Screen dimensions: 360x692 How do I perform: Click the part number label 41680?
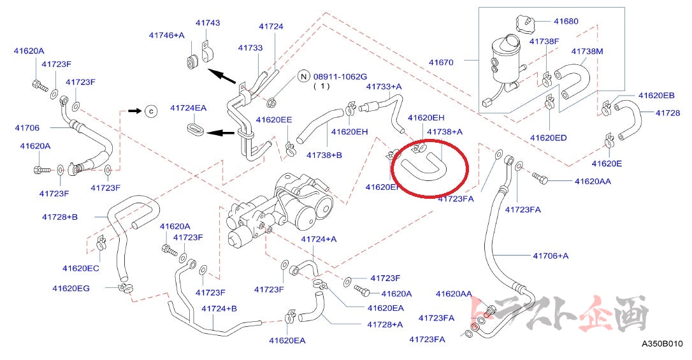pyautogui.click(x=566, y=21)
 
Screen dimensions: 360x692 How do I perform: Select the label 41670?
pyautogui.click(x=441, y=62)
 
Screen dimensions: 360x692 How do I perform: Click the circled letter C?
pyautogui.click(x=151, y=111)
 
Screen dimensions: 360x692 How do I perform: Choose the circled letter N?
pyautogui.click(x=304, y=77)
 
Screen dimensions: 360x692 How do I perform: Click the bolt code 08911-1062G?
pyautogui.click(x=340, y=76)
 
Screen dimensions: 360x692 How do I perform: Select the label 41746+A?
pyautogui.click(x=166, y=35)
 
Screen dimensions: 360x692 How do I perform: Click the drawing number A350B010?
pyautogui.click(x=662, y=344)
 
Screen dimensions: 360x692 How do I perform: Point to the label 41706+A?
pyautogui.click(x=551, y=256)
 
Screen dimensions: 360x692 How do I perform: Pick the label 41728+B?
pyautogui.click(x=60, y=217)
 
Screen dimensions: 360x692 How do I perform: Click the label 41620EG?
pyautogui.click(x=71, y=288)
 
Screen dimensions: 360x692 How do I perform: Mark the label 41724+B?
pyautogui.click(x=219, y=309)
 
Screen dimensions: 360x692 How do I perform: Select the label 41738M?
pyautogui.click(x=587, y=50)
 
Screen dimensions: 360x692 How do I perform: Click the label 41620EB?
pyautogui.click(x=656, y=96)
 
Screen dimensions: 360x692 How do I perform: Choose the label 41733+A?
pyautogui.click(x=384, y=86)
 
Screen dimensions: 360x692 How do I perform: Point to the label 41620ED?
pyautogui.click(x=548, y=138)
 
